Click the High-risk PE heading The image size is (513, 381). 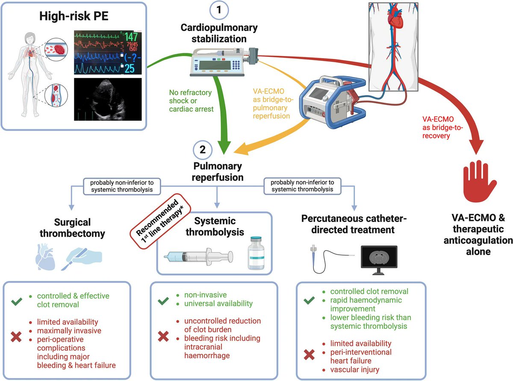tap(74, 17)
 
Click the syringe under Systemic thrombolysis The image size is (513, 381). tap(198, 256)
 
